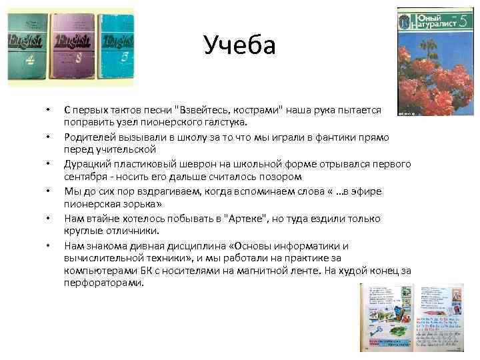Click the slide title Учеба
pyautogui.click(x=239, y=46)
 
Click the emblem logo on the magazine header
pyautogui.click(x=405, y=21)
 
